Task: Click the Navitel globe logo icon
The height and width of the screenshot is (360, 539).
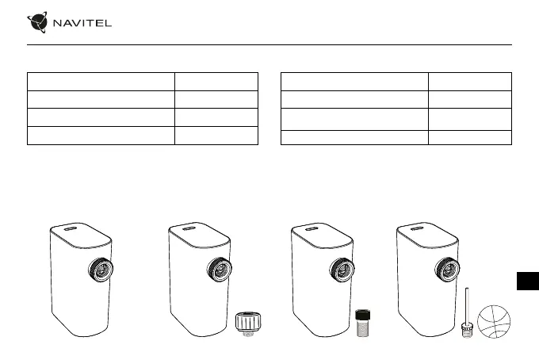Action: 37,22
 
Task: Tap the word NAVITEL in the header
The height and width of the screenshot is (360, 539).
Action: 82,23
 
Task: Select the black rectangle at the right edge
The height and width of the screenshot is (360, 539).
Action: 528,281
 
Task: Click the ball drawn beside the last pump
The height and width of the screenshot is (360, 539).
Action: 494,321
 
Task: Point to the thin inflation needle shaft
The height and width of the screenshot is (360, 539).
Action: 467,305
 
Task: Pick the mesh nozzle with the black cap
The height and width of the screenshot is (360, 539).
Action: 363,323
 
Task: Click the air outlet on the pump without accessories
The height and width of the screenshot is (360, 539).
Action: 101,270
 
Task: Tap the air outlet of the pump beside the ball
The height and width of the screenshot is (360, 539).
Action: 447,270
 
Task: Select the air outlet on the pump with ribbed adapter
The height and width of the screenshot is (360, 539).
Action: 220,270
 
